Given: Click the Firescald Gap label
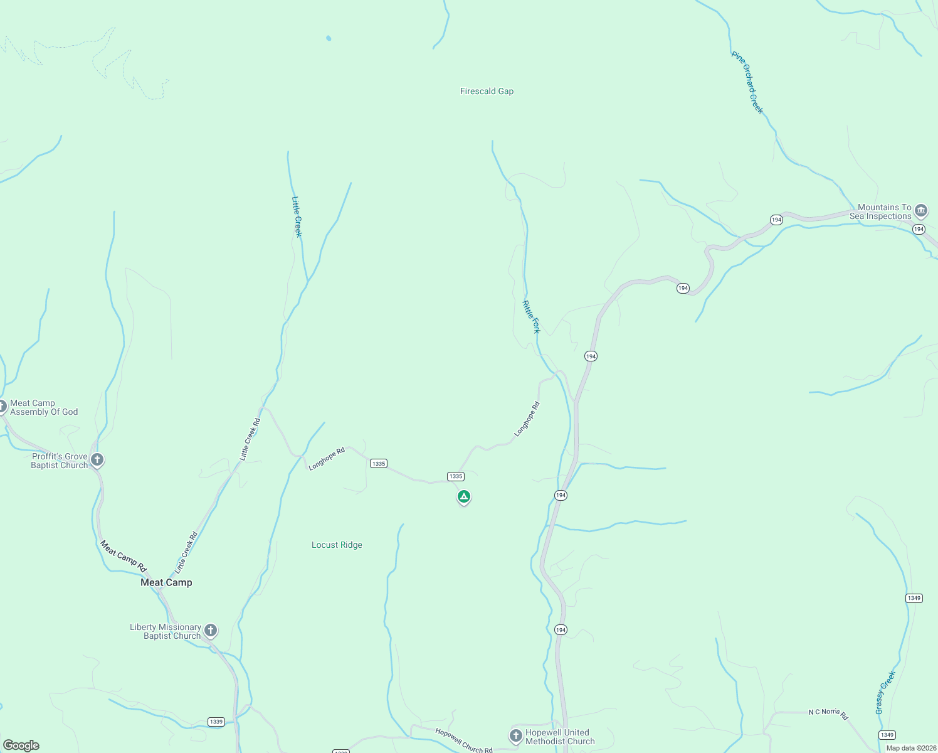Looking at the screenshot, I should (x=487, y=92).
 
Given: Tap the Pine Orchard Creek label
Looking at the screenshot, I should (x=747, y=83).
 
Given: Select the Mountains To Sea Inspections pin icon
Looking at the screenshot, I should (x=921, y=210).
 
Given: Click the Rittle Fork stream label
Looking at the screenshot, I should (x=530, y=317).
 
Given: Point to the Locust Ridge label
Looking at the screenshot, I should (x=337, y=545).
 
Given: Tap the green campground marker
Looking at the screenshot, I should (x=463, y=497).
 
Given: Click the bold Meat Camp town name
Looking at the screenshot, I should (x=166, y=583).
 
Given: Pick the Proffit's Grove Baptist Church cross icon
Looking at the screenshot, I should (x=97, y=460).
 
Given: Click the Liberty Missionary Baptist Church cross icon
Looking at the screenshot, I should (x=211, y=630).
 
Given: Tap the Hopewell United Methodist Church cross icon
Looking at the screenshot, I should (x=515, y=735).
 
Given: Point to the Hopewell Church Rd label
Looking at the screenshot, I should (x=464, y=740).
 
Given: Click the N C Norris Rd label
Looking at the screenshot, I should (x=828, y=713).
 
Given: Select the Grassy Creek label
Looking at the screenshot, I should (x=885, y=693).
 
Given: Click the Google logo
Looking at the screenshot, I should (x=21, y=745).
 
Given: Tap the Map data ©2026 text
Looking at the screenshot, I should (x=911, y=748).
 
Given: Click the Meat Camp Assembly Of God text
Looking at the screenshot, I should (x=44, y=408).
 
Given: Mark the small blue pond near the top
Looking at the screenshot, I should (x=329, y=38).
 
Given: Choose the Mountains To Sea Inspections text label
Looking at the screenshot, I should (x=881, y=212).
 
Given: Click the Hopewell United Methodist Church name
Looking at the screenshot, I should (x=559, y=737).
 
